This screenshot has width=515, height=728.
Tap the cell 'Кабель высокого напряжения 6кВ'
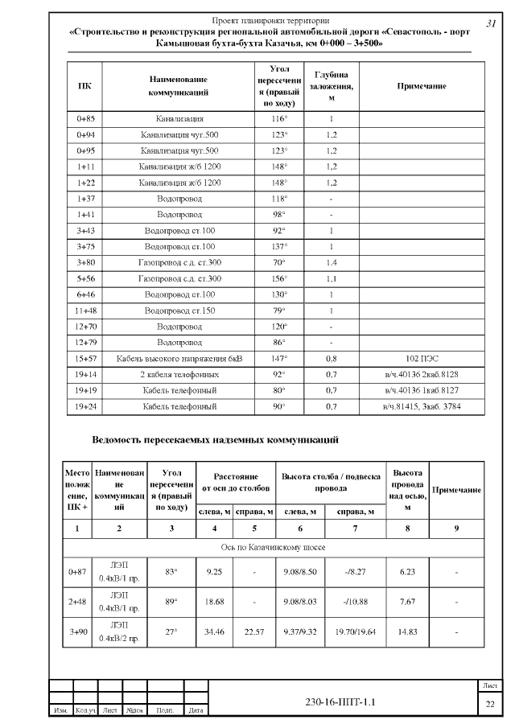coord(179,358)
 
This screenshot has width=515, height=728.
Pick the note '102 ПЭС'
coord(422,358)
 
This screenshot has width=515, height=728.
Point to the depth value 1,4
coord(331,262)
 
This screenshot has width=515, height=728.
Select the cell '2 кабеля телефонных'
coord(179,374)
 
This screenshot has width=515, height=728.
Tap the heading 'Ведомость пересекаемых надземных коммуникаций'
coord(216,440)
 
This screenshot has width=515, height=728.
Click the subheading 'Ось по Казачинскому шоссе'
coord(274,547)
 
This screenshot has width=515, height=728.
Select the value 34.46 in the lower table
coord(214,631)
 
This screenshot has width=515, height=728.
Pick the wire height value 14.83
coord(407,631)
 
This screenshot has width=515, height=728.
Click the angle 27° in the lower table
coord(171,631)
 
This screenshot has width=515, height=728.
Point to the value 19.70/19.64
coord(348,631)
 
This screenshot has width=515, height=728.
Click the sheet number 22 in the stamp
coord(489,705)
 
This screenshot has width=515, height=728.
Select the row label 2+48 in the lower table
coord(77,601)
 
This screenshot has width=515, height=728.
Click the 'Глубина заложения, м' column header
coord(331,85)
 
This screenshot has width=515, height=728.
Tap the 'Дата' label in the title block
coord(194,710)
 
